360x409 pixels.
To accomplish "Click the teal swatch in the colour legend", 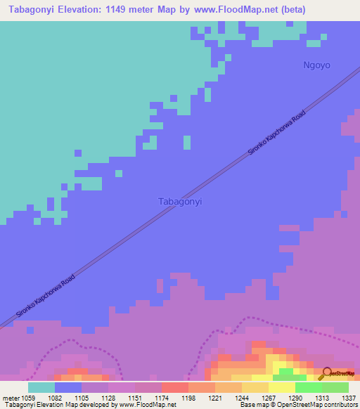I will coord(41,387).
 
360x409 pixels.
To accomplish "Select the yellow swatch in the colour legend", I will coord(282,387).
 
